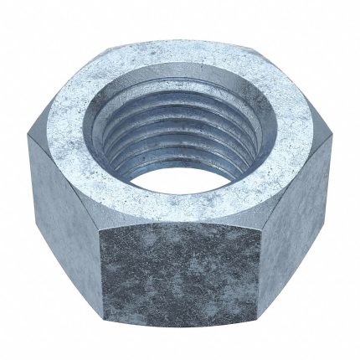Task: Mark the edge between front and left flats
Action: pos(103,276)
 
